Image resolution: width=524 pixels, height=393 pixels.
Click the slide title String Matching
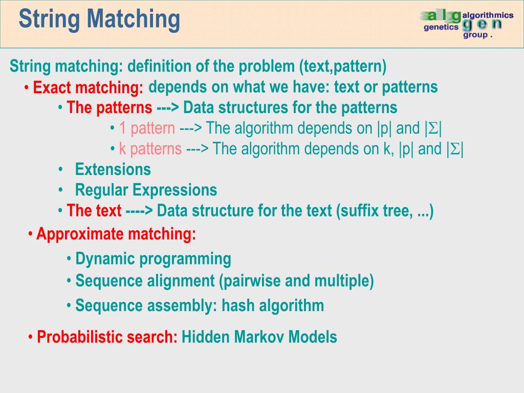pos(99,19)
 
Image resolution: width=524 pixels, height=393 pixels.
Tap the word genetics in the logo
pos(441,28)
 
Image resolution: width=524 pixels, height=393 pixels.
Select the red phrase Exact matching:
pos(88,88)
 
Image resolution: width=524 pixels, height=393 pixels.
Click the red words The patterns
pos(109,108)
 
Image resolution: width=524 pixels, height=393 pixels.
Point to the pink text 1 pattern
pos(147,128)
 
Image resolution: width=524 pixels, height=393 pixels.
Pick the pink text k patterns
pos(150,149)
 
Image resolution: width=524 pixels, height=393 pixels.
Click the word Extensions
pos(113,169)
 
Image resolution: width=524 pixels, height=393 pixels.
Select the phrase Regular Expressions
pos(146,190)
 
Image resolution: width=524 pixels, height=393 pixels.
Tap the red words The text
pos(94,211)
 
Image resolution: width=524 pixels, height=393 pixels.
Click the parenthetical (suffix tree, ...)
pos(385,211)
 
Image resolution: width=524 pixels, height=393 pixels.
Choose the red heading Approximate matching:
pos(116,234)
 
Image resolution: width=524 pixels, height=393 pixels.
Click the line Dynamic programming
pos(153,259)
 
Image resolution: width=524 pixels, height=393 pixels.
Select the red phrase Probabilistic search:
pos(107,337)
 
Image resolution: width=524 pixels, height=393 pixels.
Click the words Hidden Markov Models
pos(259,337)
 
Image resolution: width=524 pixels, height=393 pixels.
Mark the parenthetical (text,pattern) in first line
pos(343,67)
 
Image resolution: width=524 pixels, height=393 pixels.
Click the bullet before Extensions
pos(61,169)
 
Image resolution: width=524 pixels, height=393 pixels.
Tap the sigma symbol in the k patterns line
pos(454,149)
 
